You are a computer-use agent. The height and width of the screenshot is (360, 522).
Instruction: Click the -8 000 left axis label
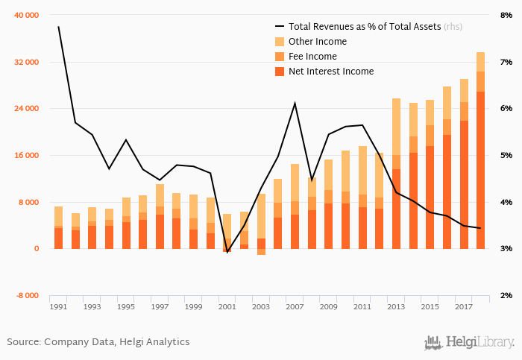click(28, 296)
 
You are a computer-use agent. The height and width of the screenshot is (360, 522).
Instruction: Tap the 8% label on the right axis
click(506, 15)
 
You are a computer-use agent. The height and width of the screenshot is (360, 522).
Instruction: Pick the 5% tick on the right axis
click(506, 156)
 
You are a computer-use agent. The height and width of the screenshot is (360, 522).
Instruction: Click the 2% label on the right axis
click(506, 296)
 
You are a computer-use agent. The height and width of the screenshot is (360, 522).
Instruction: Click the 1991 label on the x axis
click(58, 306)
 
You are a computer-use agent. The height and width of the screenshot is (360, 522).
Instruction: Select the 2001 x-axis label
click(227, 306)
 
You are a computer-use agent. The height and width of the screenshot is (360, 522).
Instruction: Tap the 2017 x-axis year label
click(464, 306)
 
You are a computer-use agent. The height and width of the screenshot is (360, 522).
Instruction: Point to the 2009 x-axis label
click(328, 306)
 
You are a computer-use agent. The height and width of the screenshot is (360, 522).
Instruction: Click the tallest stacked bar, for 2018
click(480, 149)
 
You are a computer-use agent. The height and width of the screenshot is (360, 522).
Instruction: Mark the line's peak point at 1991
click(58, 27)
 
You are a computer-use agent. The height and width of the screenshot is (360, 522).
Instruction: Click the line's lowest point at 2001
click(227, 253)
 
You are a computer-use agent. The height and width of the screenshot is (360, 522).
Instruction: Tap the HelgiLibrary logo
click(469, 342)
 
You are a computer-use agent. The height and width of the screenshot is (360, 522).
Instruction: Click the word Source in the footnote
click(23, 342)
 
